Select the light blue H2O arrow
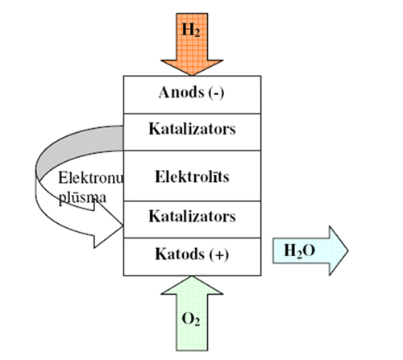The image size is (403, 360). [310, 250]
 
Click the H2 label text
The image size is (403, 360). [191, 30]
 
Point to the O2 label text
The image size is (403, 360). [191, 320]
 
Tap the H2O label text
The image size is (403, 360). [300, 251]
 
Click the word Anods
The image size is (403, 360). [181, 93]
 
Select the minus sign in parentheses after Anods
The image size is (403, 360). [216, 93]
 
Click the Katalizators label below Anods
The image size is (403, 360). [192, 129]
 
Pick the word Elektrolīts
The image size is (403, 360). [192, 177]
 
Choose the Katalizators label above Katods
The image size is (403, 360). [192, 216]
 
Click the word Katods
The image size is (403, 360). [180, 254]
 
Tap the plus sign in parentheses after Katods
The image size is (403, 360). [219, 254]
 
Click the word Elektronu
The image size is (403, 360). [91, 178]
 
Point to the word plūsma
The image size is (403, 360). [82, 198]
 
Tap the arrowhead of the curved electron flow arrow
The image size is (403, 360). [107, 225]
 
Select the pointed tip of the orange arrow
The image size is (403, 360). [192, 75]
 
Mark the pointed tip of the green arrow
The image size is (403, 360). [192, 276]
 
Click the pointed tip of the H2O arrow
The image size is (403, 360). [348, 250]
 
